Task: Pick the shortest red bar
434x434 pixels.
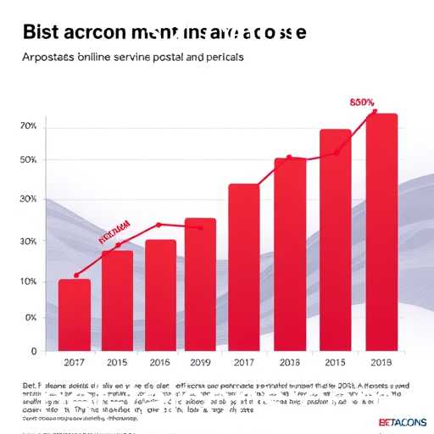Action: (75, 314)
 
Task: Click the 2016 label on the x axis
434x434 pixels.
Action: (160, 363)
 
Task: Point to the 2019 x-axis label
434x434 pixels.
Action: (200, 363)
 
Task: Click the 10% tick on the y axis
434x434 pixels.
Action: (27, 281)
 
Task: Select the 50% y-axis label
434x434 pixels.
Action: (27, 160)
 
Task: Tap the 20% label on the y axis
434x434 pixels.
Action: (27, 126)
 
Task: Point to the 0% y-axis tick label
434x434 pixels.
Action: (30, 318)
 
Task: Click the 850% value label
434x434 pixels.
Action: (362, 103)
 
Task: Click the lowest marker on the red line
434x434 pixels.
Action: (76, 275)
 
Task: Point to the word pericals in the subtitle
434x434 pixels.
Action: (218, 58)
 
